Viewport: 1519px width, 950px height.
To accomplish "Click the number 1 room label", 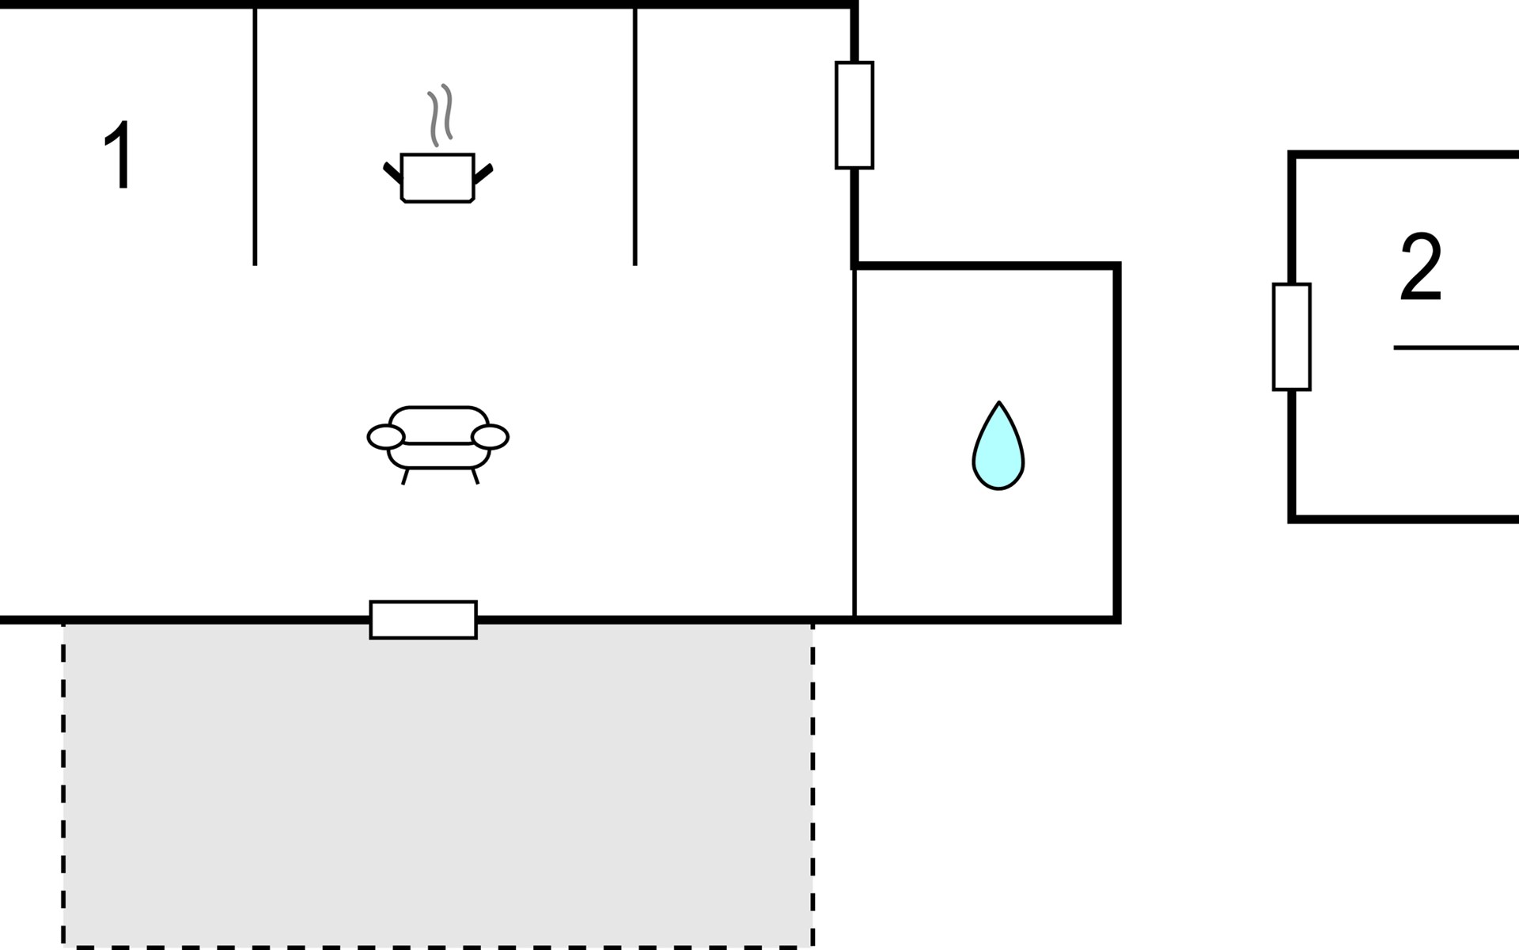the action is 119,155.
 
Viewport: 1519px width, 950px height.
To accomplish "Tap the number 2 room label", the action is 1421,267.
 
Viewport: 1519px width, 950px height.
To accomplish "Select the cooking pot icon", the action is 438,178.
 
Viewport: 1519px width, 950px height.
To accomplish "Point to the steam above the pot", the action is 441,115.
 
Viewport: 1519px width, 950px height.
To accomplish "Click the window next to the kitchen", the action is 854,115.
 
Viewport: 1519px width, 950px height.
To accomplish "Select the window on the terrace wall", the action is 423,620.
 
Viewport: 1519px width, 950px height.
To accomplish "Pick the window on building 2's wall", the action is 1292,336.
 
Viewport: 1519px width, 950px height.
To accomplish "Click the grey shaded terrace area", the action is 438,784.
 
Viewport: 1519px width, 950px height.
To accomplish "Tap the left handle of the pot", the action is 392,173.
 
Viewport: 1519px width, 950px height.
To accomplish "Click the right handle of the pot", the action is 483,173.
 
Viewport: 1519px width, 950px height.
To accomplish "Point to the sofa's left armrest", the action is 386,436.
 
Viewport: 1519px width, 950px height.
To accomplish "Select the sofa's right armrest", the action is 490,436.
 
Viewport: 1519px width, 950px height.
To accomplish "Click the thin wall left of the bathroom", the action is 854,442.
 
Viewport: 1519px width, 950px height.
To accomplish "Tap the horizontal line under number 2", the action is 1456,348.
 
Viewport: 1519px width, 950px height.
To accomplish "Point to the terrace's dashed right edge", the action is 813,784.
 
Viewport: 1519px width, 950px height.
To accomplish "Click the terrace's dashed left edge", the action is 63,784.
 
